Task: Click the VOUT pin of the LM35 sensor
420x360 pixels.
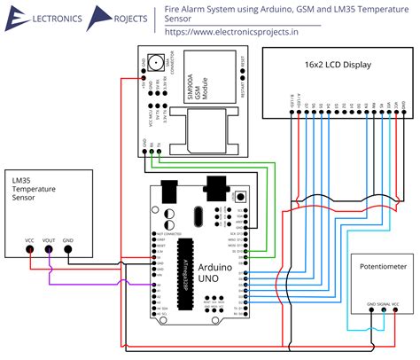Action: coord(49,249)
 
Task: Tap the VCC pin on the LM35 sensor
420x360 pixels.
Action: coord(29,249)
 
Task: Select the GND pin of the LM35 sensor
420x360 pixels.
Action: coord(68,249)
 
